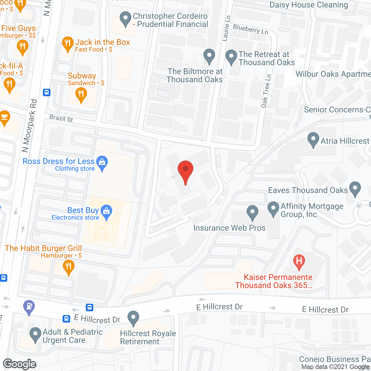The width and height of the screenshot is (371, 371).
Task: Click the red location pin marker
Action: pos(185,170)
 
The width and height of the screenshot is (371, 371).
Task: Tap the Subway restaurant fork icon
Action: pos(81,94)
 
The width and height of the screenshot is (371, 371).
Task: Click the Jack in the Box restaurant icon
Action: pos(67,43)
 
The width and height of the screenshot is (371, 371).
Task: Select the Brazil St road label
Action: pos(61,118)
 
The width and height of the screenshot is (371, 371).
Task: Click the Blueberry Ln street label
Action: pos(250,29)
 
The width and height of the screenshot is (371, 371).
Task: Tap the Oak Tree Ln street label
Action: pos(266,91)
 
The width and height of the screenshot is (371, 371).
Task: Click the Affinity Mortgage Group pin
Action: pos(273,208)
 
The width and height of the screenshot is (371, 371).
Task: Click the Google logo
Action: pos(20,364)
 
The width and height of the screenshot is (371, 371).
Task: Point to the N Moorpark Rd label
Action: pos(30,126)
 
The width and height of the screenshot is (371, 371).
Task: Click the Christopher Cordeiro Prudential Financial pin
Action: pos(125,18)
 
